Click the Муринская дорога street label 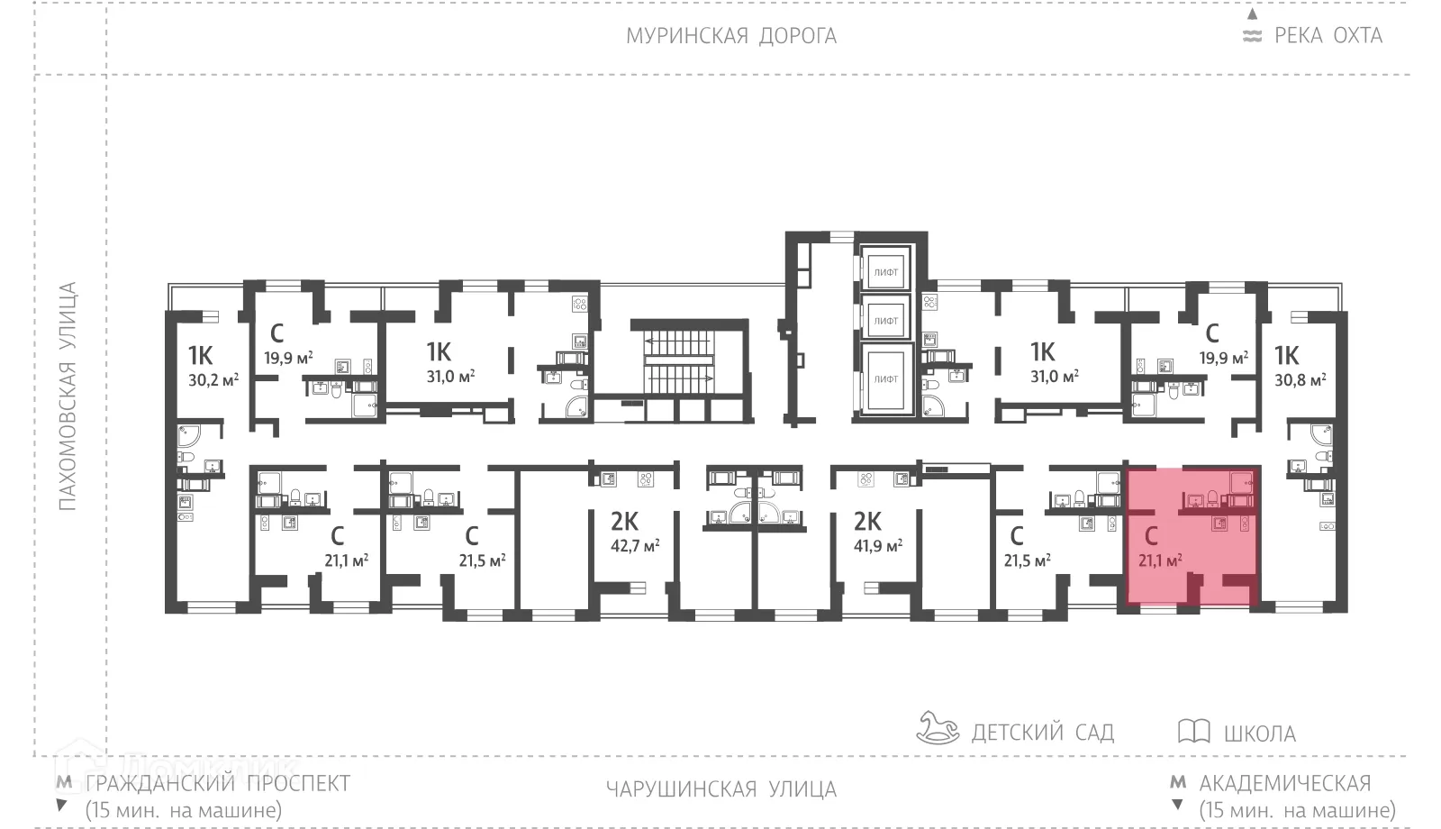click(x=730, y=36)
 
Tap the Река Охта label click(x=1328, y=36)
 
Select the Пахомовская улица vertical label click(x=68, y=396)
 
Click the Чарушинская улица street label click(x=720, y=790)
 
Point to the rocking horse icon click(x=938, y=727)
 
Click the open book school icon click(x=1193, y=731)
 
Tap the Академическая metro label click(x=1284, y=783)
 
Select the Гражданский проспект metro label click(x=217, y=783)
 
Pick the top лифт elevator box click(x=885, y=271)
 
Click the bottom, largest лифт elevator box click(x=885, y=379)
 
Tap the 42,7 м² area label click(x=635, y=545)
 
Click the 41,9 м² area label click(x=877, y=545)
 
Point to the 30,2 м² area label click(x=213, y=380)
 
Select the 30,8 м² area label click(x=1300, y=380)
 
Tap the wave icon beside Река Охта click(x=1252, y=37)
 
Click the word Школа click(x=1259, y=733)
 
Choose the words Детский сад click(x=1042, y=732)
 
